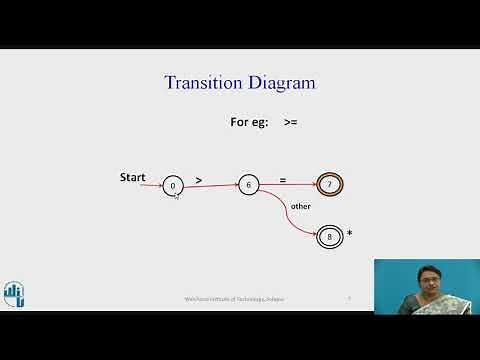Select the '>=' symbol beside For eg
[x=290, y=123]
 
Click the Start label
[x=132, y=177]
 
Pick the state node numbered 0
[x=173, y=186]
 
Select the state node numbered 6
[x=248, y=185]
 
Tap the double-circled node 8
[x=329, y=237]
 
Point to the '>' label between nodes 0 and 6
[x=199, y=179]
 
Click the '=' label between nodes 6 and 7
[x=283, y=179]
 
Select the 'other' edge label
[x=300, y=206]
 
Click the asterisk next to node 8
[x=349, y=234]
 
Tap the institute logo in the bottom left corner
[x=13, y=291]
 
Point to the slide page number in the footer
[x=348, y=298]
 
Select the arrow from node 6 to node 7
[x=290, y=185]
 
